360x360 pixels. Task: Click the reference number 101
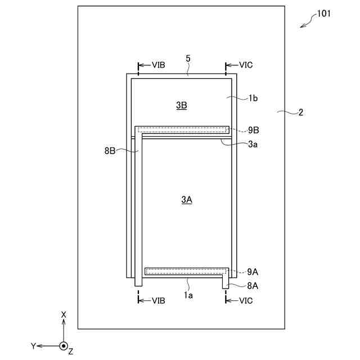[324, 13]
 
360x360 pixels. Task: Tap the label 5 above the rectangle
[188, 58]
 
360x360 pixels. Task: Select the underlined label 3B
[181, 105]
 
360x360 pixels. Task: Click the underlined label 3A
[187, 199]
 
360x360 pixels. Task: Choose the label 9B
[253, 130]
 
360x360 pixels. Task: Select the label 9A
[253, 271]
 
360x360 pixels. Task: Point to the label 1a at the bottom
[188, 294]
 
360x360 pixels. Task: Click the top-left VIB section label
[158, 65]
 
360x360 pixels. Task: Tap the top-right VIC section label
[246, 65]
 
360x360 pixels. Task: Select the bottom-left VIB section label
[158, 300]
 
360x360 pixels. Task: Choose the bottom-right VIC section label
[246, 300]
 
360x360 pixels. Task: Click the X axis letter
[64, 314]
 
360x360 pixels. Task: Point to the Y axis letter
[34, 346]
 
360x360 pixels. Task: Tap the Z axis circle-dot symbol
[64, 346]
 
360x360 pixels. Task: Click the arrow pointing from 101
[307, 22]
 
